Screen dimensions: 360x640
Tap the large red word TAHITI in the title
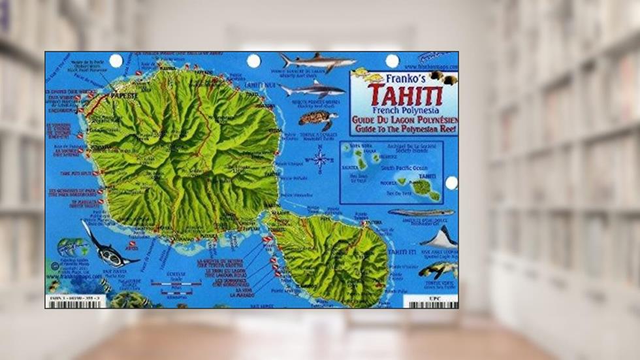[x=403, y=93]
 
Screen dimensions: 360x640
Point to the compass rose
[x=320, y=158]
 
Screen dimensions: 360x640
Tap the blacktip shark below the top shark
[x=312, y=88]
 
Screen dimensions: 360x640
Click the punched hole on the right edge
[x=451, y=183]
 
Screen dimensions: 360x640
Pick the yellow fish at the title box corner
[x=360, y=73]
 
